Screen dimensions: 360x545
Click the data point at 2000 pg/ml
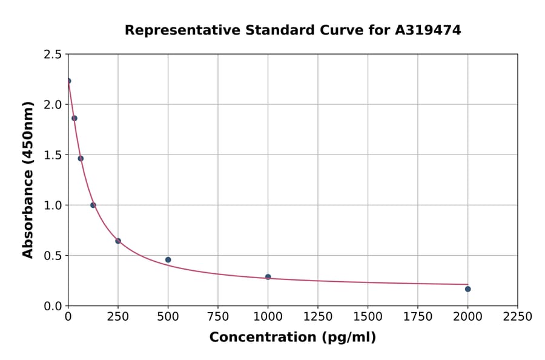pos(467,289)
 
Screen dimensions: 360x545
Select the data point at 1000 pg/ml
pos(268,277)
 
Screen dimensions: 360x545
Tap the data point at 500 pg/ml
pos(168,260)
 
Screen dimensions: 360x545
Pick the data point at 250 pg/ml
pos(118,241)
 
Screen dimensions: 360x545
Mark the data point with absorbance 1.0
pos(93,205)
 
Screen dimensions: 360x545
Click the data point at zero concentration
pos(68,81)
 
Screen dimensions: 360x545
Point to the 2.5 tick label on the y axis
pos(53,55)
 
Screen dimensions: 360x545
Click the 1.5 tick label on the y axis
pos(53,155)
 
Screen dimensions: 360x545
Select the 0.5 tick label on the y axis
pos(53,256)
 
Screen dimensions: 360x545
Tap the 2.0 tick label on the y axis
pos(53,105)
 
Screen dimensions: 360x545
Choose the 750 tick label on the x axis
pos(218,317)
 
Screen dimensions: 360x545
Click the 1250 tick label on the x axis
pos(318,317)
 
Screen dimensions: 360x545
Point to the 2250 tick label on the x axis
pos(518,317)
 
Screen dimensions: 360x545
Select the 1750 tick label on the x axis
pos(418,317)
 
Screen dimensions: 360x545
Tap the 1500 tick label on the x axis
pos(368,317)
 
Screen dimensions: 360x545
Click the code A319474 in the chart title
pos(428,30)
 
